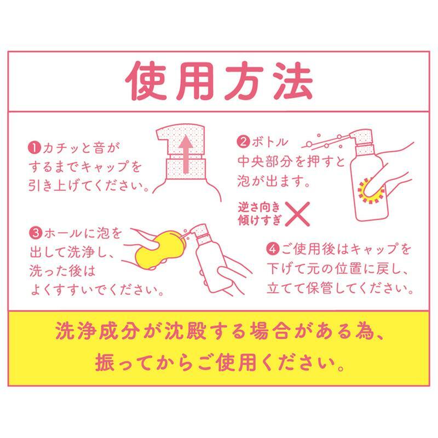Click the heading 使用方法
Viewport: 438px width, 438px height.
pos(218,81)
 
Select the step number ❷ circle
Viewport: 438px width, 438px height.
pos(243,142)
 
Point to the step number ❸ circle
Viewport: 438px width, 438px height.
pos(36,233)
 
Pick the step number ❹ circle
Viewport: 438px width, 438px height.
pos(273,249)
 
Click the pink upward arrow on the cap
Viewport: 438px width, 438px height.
pos(186,153)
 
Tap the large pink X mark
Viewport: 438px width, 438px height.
pos(297,214)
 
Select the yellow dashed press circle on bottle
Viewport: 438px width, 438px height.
pos(371,191)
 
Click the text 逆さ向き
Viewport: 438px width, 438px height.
pos(259,208)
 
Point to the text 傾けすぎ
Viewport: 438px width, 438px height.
pos(259,220)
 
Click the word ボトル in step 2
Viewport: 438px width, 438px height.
pos(269,142)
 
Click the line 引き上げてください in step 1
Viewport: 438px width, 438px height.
pos(89,185)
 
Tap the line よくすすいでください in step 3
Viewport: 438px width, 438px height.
pos(97,290)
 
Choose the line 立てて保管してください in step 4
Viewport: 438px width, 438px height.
pos(340,288)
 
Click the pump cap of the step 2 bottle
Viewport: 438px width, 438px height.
pos(361,139)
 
